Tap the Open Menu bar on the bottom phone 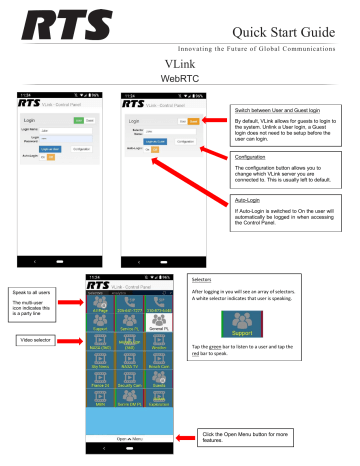click(132, 438)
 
